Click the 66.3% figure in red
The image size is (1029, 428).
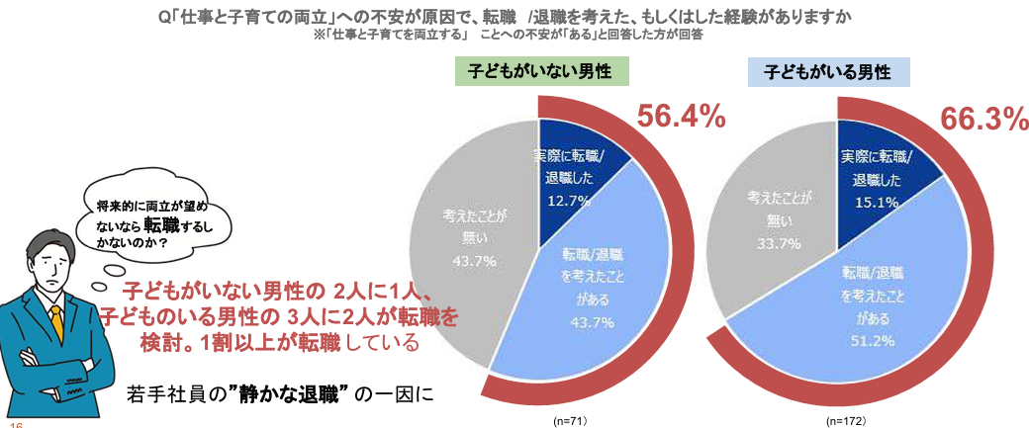[982, 120]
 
